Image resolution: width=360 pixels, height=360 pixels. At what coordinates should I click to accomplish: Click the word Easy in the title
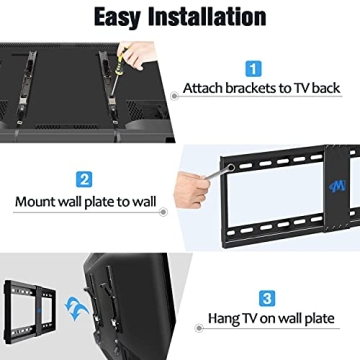(x=122, y=17)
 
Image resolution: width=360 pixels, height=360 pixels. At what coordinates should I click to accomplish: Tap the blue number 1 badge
(x=253, y=68)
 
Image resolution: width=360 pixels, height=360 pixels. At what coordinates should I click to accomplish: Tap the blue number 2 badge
(x=97, y=181)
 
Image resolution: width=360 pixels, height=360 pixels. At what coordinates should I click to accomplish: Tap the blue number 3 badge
(x=265, y=298)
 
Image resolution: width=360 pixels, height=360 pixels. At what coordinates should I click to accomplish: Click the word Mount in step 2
(x=38, y=201)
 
